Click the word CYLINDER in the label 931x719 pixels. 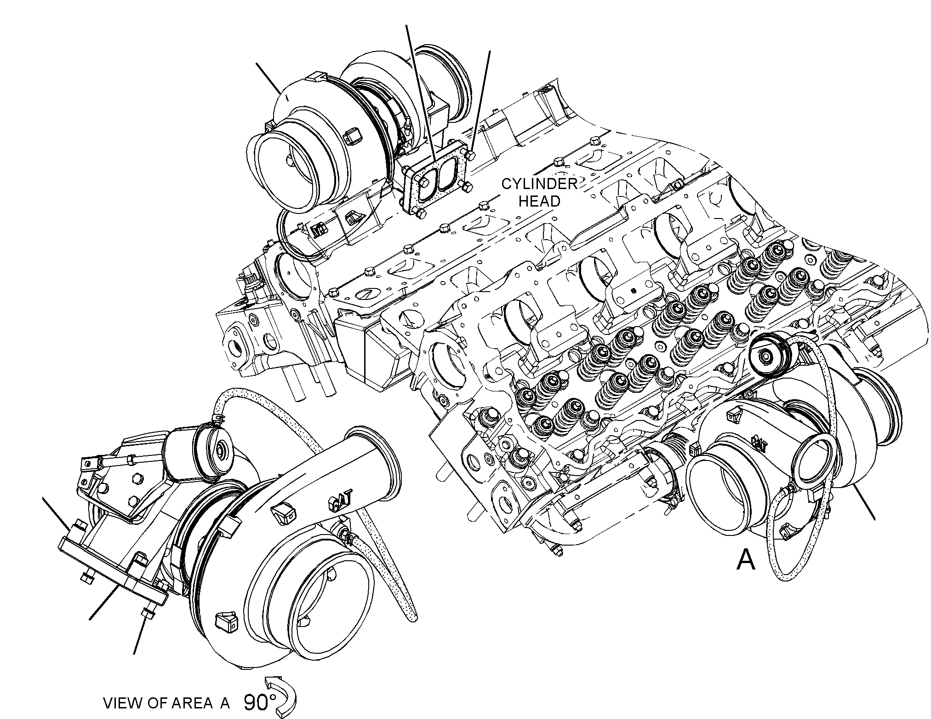(539, 184)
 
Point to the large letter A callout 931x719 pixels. (746, 560)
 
